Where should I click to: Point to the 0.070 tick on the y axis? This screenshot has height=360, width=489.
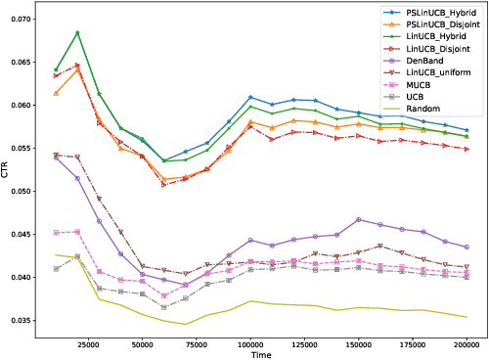click(22, 19)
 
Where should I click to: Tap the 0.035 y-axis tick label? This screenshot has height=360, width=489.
click(22, 321)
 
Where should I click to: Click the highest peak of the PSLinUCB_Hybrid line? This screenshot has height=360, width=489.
click(77, 33)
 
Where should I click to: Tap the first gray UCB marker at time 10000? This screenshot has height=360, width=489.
click(57, 268)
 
